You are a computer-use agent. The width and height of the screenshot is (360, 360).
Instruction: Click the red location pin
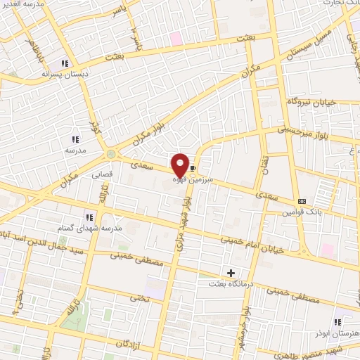click(x=180, y=165)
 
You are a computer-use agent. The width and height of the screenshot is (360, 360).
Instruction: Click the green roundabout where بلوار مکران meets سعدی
click(x=111, y=154)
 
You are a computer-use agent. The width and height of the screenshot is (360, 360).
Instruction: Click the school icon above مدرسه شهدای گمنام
click(x=89, y=217)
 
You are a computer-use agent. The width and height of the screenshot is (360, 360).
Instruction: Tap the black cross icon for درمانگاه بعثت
click(x=231, y=273)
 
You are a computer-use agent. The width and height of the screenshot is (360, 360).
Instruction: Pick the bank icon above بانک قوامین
click(x=302, y=201)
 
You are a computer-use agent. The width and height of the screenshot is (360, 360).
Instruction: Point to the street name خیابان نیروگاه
click(x=312, y=103)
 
